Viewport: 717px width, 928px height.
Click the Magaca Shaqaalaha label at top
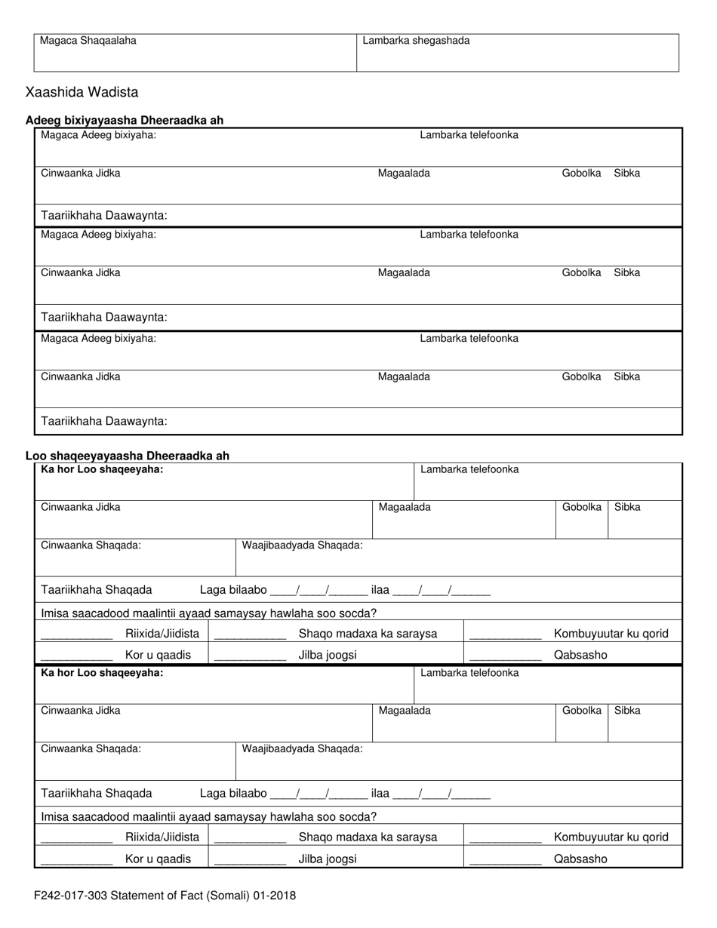pyautogui.click(x=88, y=41)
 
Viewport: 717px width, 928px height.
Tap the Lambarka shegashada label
pyautogui.click(x=416, y=41)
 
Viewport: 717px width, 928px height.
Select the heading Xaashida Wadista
pyautogui.click(x=82, y=93)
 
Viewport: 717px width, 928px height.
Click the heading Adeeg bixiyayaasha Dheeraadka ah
pyautogui.click(x=125, y=121)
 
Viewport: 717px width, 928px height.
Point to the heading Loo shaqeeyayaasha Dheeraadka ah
pyautogui.click(x=128, y=456)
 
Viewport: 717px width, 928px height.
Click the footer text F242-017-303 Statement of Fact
pyautogui.click(x=165, y=896)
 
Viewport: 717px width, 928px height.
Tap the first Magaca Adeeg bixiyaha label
pyautogui.click(x=98, y=135)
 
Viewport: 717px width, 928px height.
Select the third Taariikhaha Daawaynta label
pyautogui.click(x=104, y=421)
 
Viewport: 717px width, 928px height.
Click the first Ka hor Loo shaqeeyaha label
pyautogui.click(x=102, y=469)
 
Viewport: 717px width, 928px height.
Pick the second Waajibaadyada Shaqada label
pyautogui.click(x=302, y=748)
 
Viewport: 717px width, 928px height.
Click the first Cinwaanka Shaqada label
pyautogui.click(x=91, y=545)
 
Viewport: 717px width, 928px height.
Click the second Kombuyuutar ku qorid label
pyautogui.click(x=611, y=837)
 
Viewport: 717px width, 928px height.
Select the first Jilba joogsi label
pyautogui.click(x=328, y=655)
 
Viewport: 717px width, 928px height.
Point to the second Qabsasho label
pyautogui.click(x=580, y=859)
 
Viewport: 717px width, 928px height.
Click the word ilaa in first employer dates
pyautogui.click(x=380, y=590)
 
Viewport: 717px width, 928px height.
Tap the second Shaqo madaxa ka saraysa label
pyautogui.click(x=368, y=837)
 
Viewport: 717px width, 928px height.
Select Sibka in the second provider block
pyautogui.click(x=626, y=272)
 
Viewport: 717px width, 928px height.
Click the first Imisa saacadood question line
pyautogui.click(x=208, y=613)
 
